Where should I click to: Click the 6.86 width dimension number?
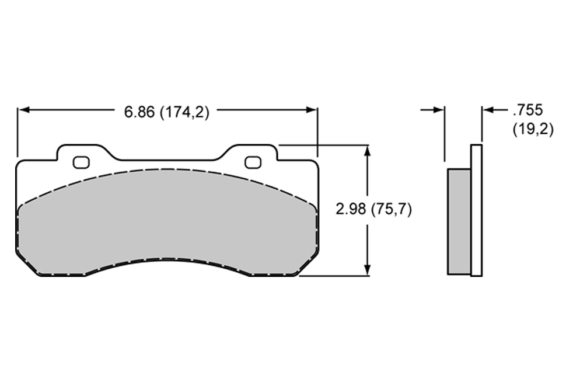[139, 112]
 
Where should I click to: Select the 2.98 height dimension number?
[351, 209]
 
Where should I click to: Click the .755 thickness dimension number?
[527, 110]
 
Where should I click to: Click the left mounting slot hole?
[81, 162]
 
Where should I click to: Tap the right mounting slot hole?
[253, 162]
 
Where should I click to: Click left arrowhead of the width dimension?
[23, 110]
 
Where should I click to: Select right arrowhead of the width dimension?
[312, 110]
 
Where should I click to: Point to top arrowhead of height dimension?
[367, 151]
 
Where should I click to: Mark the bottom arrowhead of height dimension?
[367, 270]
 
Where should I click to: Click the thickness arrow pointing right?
[432, 109]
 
